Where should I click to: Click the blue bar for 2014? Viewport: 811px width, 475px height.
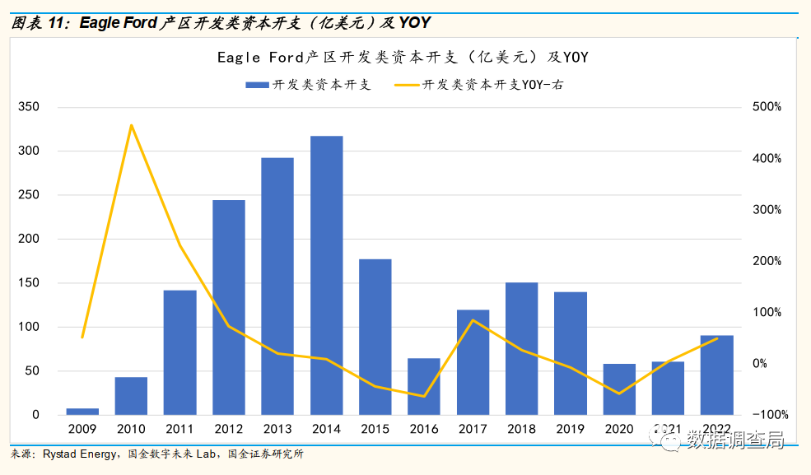pyautogui.click(x=326, y=275)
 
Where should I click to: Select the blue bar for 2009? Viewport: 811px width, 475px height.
pyautogui.click(x=82, y=411)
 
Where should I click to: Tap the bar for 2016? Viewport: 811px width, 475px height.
pyautogui.click(x=424, y=386)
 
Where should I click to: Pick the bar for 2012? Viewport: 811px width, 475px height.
pyautogui.click(x=229, y=307)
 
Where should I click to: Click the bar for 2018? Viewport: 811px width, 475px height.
pyautogui.click(x=521, y=348)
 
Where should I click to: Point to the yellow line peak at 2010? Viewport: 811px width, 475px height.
pyautogui.click(x=131, y=125)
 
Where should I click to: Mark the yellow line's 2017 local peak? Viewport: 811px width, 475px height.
pyautogui.click(x=473, y=320)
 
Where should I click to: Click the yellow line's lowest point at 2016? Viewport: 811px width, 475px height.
pyautogui.click(x=424, y=396)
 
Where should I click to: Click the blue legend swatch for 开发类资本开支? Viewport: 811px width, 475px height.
pyautogui.click(x=256, y=85)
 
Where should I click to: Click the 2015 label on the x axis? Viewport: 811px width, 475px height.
pyautogui.click(x=375, y=430)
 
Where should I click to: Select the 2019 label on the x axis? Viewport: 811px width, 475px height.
pyautogui.click(x=570, y=430)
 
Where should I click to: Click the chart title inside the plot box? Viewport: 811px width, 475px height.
pyautogui.click(x=403, y=58)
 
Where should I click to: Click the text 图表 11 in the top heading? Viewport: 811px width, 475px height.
pyautogui.click(x=36, y=22)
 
